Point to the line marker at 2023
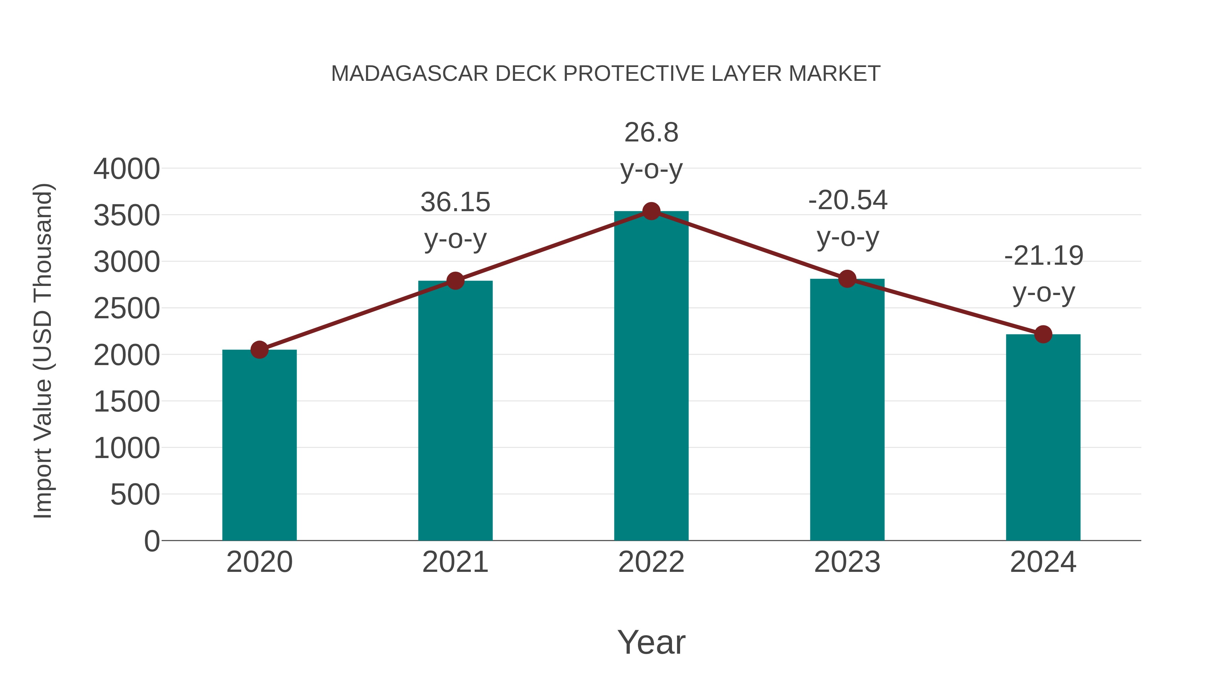[847, 279]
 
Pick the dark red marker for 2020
[259, 350]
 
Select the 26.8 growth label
[651, 150]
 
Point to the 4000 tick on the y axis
[127, 169]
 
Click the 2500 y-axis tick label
[127, 309]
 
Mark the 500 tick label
[135, 495]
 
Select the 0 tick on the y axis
[152, 541]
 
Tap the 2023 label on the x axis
[847, 562]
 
